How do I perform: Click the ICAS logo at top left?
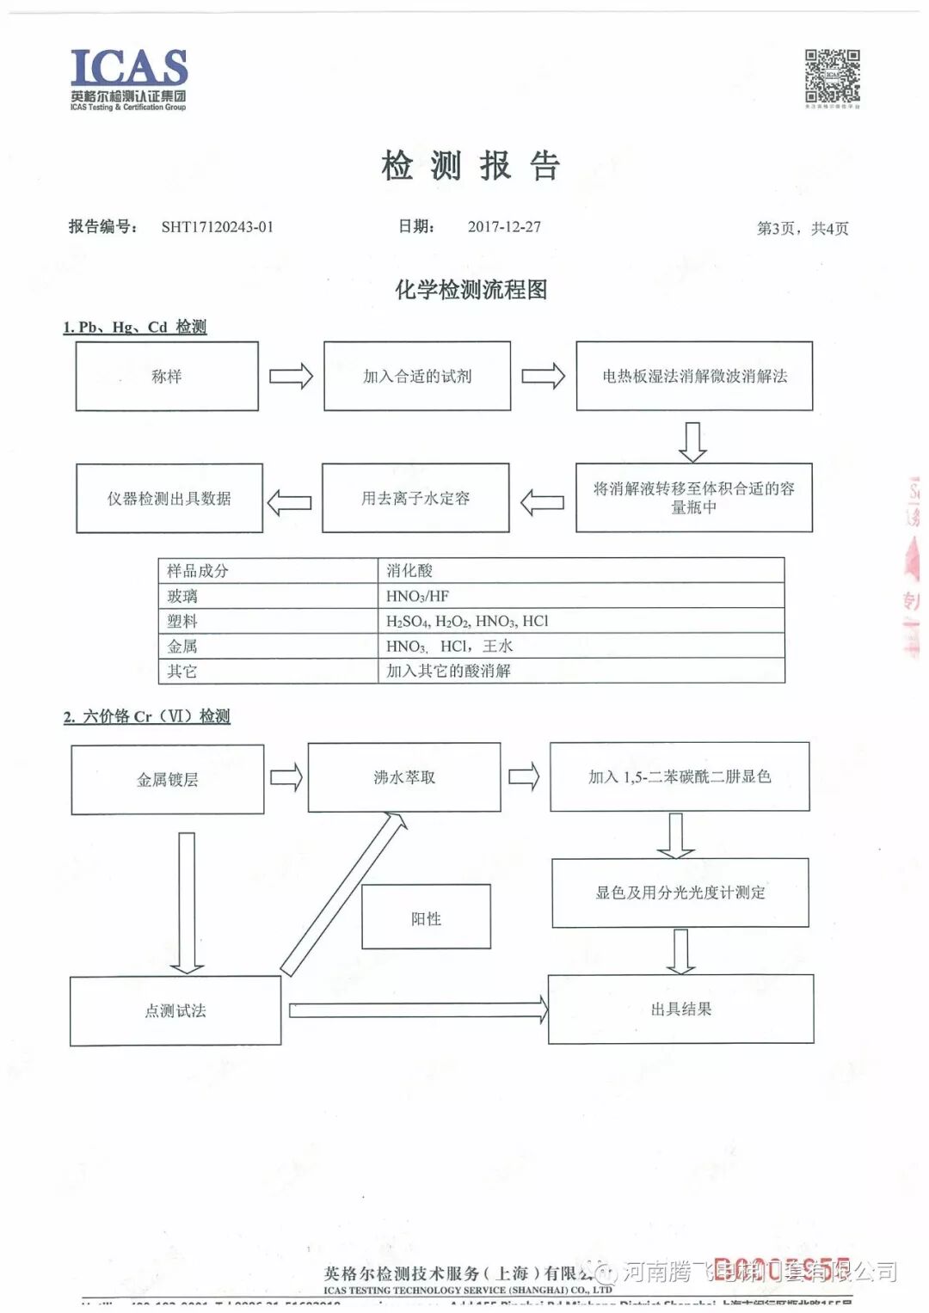[x=129, y=78]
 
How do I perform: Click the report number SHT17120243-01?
[x=217, y=227]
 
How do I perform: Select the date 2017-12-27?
[x=504, y=227]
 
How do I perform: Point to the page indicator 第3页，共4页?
[x=802, y=229]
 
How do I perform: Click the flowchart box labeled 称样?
[x=167, y=377]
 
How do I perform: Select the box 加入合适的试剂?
[x=417, y=377]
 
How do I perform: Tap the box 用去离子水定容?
[x=415, y=499]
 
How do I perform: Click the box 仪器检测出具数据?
[x=169, y=499]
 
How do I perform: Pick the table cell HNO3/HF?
[x=418, y=596]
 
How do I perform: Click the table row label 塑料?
[x=182, y=621]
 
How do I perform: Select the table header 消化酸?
[x=409, y=571]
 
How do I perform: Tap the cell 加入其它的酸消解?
[x=448, y=671]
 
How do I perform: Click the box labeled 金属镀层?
[x=168, y=780]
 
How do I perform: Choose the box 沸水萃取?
[x=404, y=777]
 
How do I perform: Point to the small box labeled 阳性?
[x=426, y=917]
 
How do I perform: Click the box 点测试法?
[x=175, y=1011]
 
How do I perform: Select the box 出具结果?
[x=680, y=1009]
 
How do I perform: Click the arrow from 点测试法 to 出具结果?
[x=418, y=1009]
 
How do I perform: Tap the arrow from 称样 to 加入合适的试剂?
[x=291, y=377]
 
